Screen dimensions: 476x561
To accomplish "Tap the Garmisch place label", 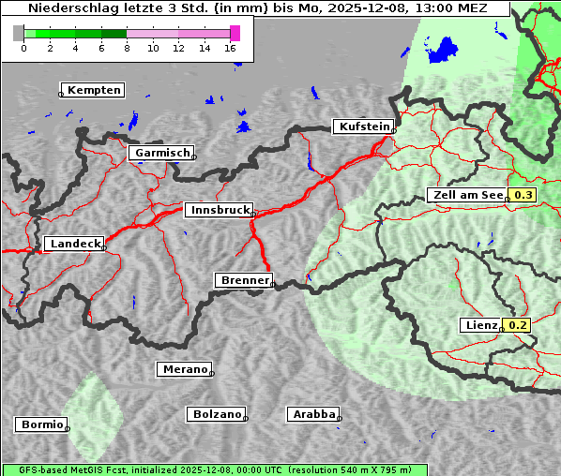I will click(x=162, y=153).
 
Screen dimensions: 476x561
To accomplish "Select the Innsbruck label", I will click(x=219, y=211).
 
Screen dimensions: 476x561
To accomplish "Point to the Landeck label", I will click(x=75, y=244).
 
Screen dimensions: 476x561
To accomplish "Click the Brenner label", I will click(x=245, y=280).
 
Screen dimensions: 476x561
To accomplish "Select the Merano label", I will click(x=184, y=369).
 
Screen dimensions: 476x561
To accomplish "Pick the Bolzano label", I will click(x=217, y=413).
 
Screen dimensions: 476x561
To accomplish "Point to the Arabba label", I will click(x=313, y=413).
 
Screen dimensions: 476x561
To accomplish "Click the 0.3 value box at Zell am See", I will click(x=523, y=195).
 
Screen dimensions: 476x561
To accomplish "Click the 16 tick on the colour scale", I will click(x=231, y=49).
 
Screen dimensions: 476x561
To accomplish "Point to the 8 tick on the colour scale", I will click(x=127, y=49).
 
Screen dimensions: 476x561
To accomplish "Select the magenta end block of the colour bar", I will click(x=235, y=33).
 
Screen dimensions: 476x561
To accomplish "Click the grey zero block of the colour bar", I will click(x=19, y=33).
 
